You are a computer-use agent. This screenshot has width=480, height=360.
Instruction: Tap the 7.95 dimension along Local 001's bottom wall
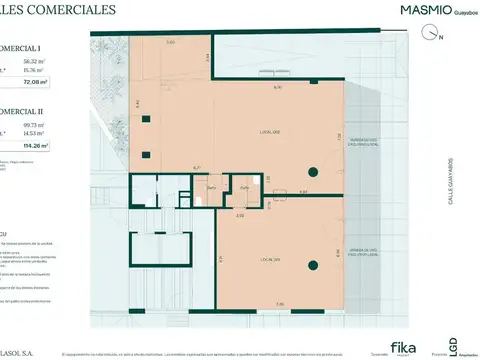[x=280, y=304]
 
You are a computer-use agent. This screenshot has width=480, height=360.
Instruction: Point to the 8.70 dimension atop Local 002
[x=277, y=88]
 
